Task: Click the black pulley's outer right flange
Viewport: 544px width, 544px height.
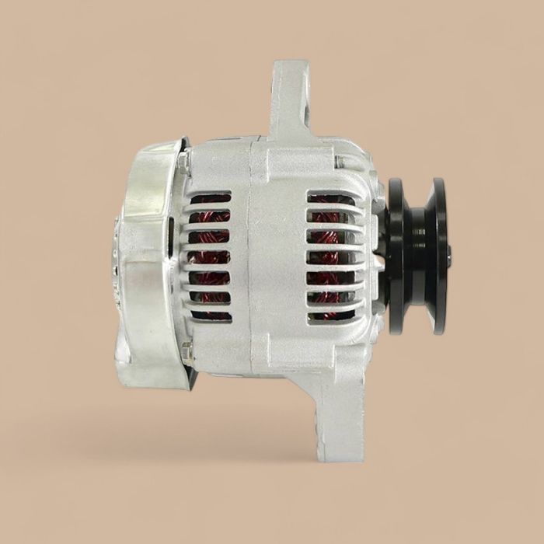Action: pos(439,256)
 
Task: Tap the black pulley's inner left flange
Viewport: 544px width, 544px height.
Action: pos(396,256)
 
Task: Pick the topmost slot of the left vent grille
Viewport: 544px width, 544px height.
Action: pos(211,198)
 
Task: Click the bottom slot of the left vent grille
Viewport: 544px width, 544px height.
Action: pos(211,316)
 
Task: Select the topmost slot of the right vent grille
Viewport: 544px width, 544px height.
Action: pos(331,198)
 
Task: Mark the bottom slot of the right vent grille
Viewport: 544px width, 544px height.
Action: pos(330,316)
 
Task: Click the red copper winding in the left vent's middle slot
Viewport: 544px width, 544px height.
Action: pos(211,256)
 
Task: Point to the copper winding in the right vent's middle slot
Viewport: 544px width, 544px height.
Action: pos(330,256)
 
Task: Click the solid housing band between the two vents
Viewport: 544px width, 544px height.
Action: pos(268,256)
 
